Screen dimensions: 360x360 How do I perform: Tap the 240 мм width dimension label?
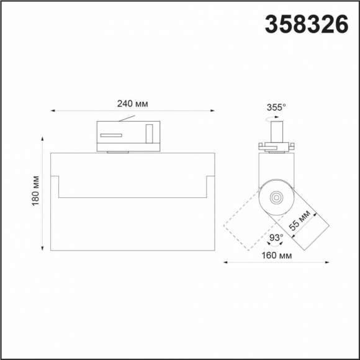pyautogui.click(x=132, y=104)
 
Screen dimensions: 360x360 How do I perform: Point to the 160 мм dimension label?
pyautogui.click(x=276, y=256)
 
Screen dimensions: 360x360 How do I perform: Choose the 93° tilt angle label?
pyautogui.click(x=276, y=236)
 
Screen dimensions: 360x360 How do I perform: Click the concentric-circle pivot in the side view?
pyautogui.click(x=274, y=197)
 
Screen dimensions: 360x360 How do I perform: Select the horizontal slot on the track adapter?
pyautogui.click(x=112, y=134)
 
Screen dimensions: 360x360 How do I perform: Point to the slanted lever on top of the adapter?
pyautogui.click(x=127, y=118)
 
